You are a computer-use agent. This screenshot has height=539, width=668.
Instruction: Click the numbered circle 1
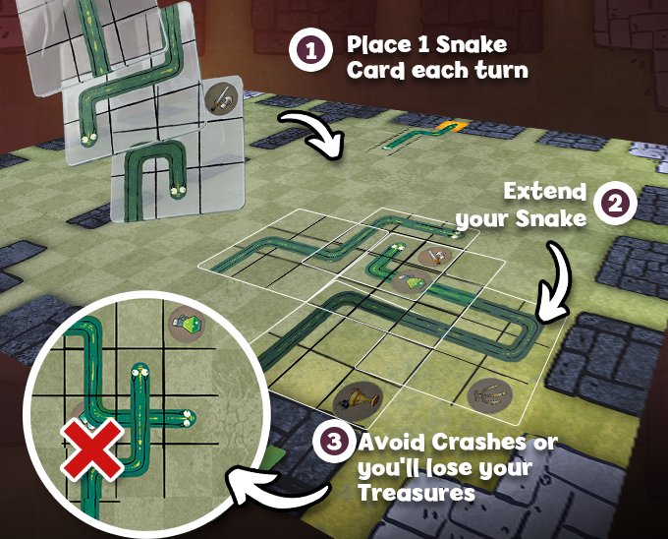(x=310, y=50)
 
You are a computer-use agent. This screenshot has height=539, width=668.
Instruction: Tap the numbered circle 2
(x=615, y=204)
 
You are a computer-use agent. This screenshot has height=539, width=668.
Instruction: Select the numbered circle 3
(x=334, y=442)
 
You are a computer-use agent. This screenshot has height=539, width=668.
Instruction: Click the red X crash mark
(x=92, y=449)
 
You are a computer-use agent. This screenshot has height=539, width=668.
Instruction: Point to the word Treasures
(x=417, y=493)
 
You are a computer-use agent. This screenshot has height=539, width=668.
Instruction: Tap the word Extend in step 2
(x=545, y=192)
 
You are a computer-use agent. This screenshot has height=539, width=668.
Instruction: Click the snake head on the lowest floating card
(x=178, y=192)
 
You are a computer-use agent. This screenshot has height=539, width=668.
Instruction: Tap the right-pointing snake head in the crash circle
(x=188, y=418)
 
